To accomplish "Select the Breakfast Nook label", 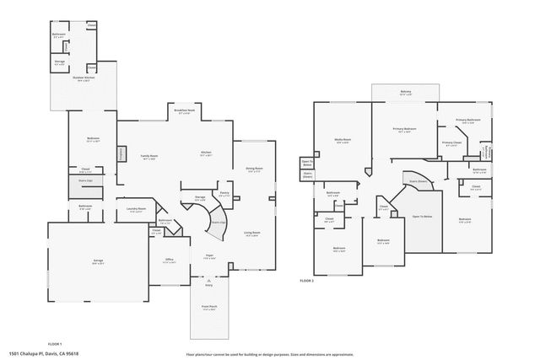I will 184,111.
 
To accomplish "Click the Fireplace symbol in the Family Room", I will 121,154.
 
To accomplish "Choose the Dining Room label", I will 254,169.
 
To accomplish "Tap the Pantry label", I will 225,192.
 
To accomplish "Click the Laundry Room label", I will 136,210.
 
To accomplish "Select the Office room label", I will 169,261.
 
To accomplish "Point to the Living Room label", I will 251,234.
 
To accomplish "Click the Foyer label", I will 208,256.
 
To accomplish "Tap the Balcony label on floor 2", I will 405,92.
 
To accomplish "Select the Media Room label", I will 343,141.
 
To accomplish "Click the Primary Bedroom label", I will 405,129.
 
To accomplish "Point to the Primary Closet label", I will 451,143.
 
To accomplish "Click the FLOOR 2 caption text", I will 306,280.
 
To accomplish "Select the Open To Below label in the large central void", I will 422,216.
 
